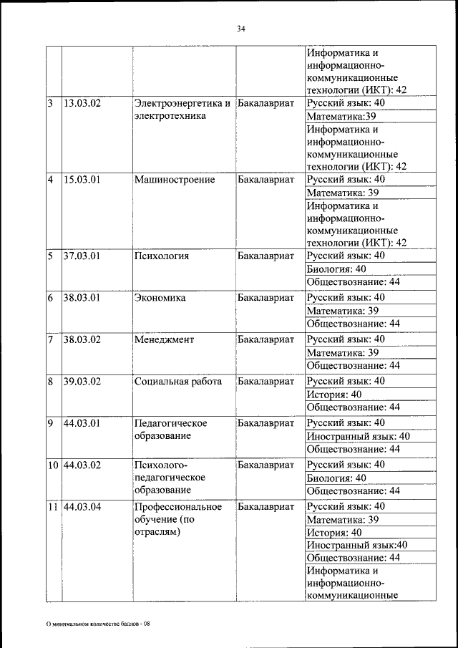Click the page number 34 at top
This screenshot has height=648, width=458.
pyautogui.click(x=240, y=29)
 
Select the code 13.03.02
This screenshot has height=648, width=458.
pyautogui.click(x=82, y=103)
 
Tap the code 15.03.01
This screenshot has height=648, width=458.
pyautogui.click(x=82, y=180)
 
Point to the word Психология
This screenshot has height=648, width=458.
pyautogui.click(x=162, y=256)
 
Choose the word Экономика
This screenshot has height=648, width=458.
pyautogui.click(x=160, y=298)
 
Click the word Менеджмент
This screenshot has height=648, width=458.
pyautogui.click(x=164, y=339)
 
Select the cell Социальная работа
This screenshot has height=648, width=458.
pyautogui.click(x=178, y=382)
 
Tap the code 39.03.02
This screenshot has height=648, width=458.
pyautogui.click(x=82, y=382)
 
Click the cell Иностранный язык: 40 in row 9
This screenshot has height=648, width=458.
pyautogui.click(x=358, y=436)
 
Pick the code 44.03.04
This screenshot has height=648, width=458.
pyautogui.click(x=82, y=507)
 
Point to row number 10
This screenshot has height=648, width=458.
pyautogui.click(x=54, y=465)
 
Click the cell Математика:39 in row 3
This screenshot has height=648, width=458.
pyautogui.click(x=341, y=117)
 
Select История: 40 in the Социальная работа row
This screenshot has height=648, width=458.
pyautogui.click(x=334, y=395)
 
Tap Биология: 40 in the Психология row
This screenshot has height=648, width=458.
pyautogui.click(x=336, y=269)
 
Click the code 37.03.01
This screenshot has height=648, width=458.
pyautogui.click(x=82, y=256)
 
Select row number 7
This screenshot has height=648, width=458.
pyautogui.click(x=52, y=339)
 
